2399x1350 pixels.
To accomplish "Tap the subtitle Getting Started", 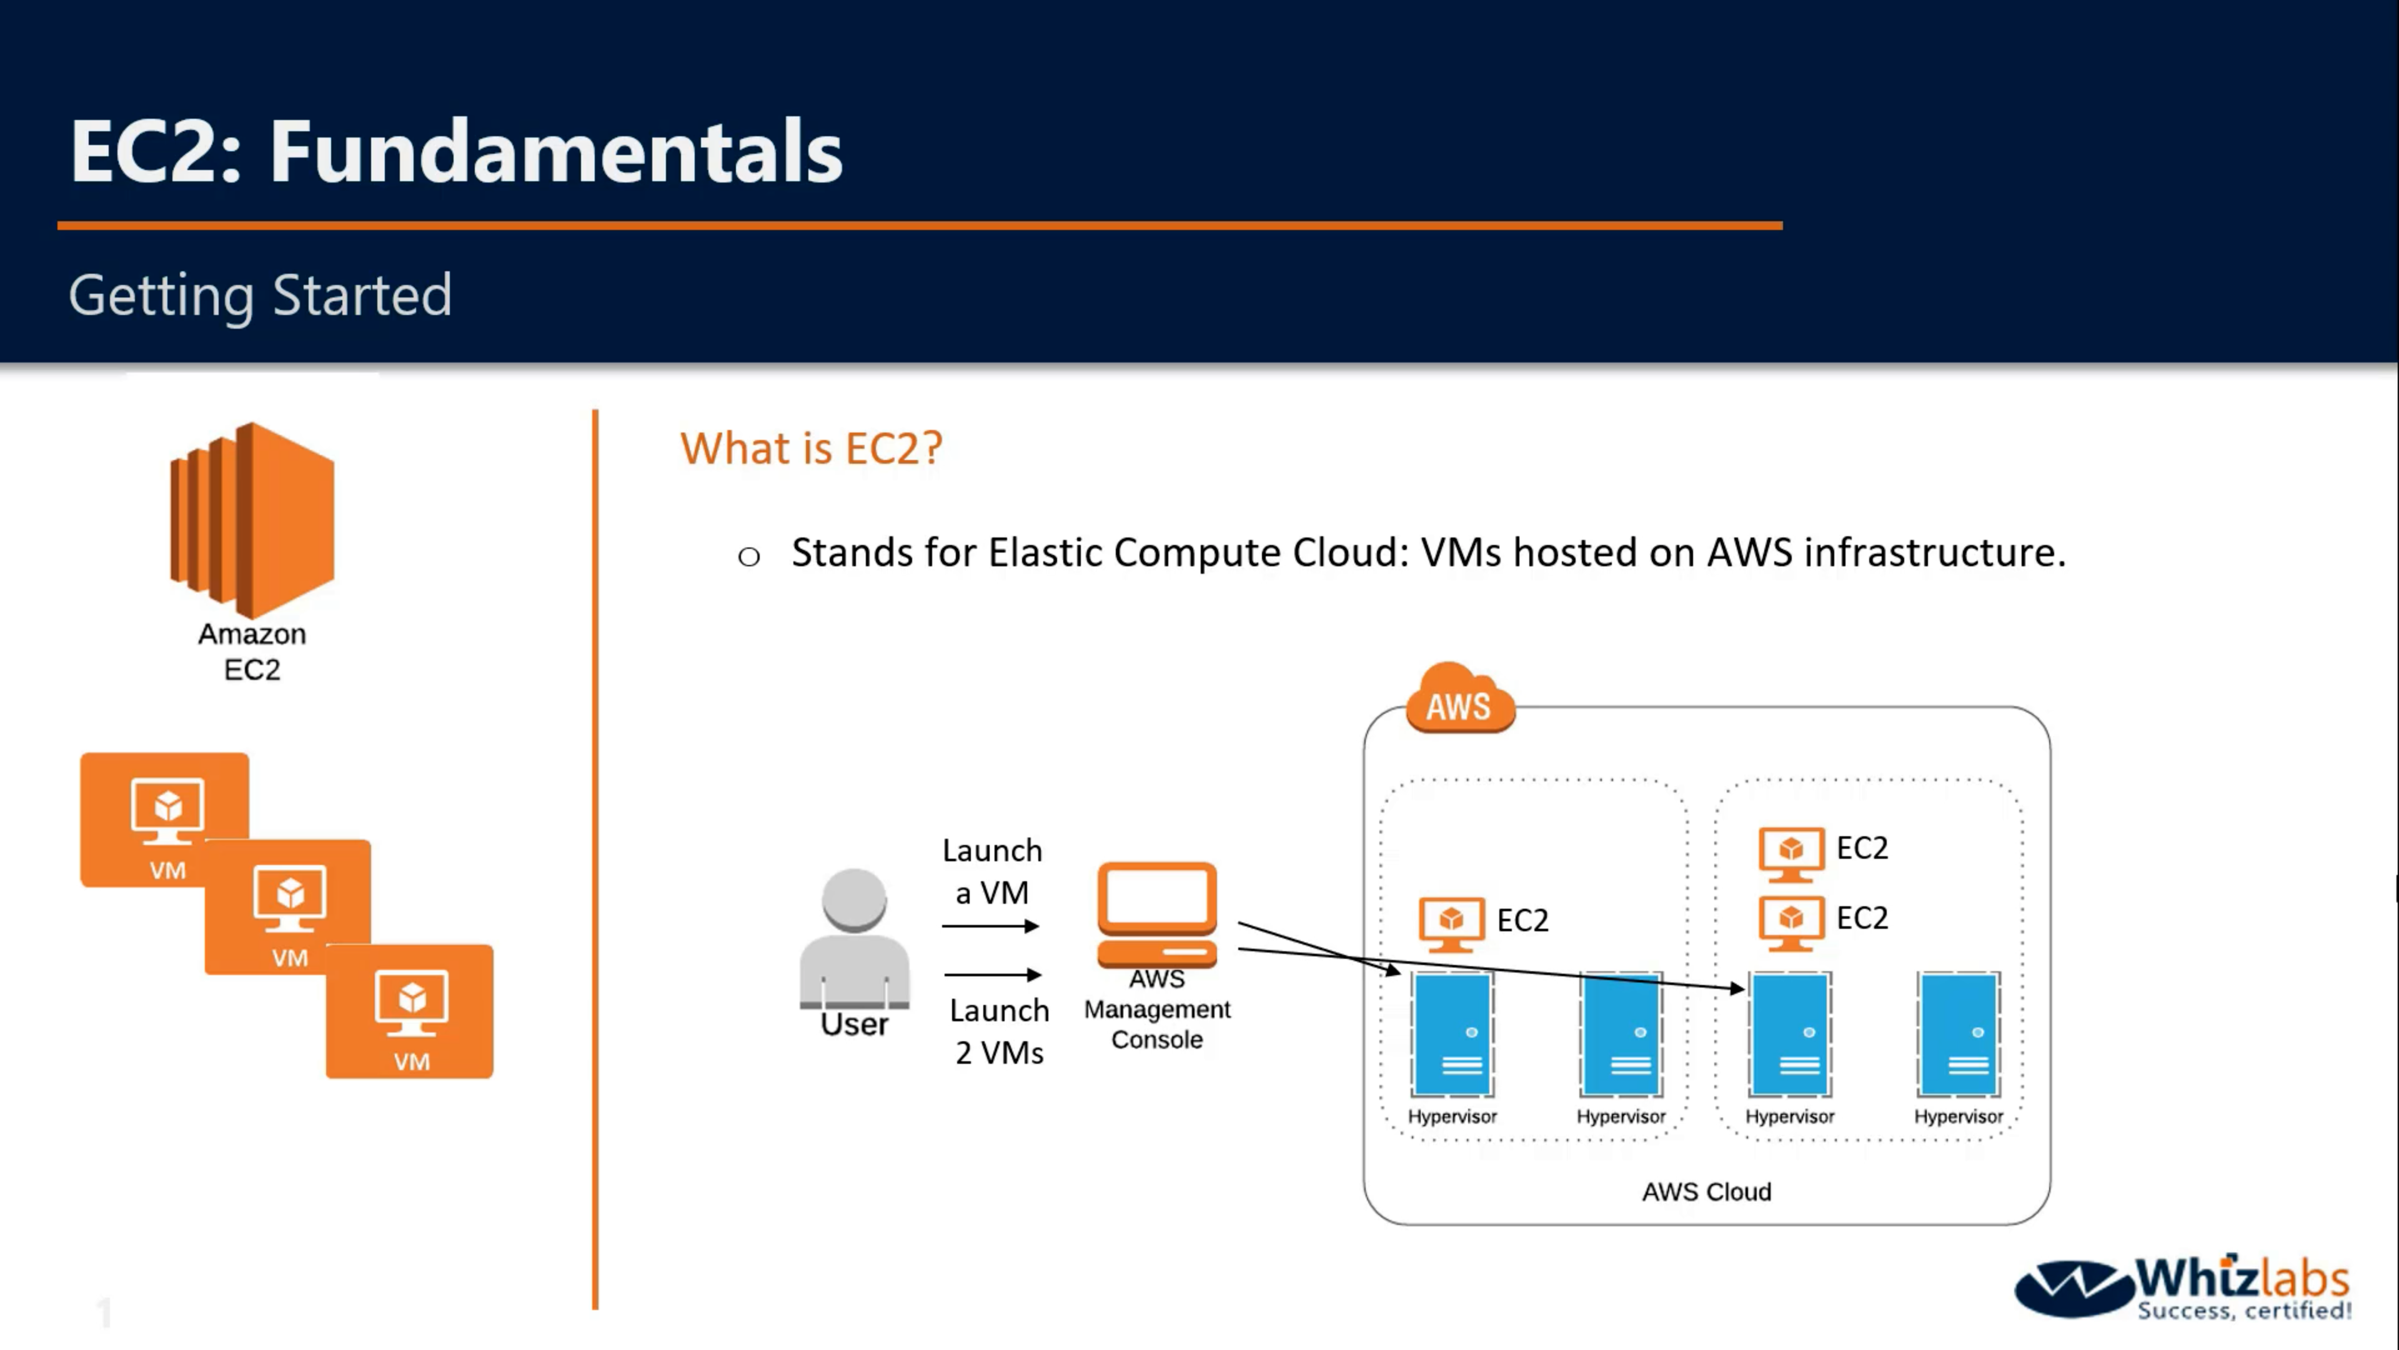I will coord(260,296).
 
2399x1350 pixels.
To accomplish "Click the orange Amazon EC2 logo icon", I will coord(251,519).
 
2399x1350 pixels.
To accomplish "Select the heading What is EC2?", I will coord(811,448).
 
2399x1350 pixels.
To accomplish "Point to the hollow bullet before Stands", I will coord(749,557).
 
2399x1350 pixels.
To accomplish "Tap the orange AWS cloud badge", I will coord(1459,701).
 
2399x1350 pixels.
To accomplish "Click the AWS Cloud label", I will coord(1706,1192).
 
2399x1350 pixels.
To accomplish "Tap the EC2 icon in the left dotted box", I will coord(1451,922).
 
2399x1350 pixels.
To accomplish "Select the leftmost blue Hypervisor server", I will coord(1453,1034).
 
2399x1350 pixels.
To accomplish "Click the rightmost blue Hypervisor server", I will coord(1959,1034).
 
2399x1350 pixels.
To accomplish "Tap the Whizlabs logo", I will coord(2182,1289).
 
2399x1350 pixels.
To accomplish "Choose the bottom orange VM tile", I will coord(410,1012).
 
